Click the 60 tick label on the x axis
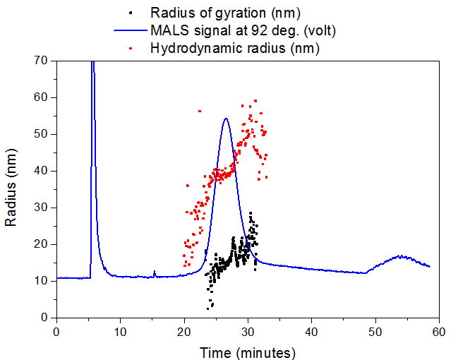coord(440,331)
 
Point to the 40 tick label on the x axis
coord(312,331)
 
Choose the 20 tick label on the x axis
coord(184,331)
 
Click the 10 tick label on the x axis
coord(121,331)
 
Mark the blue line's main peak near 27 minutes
coord(226,119)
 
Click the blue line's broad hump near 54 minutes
coord(401,256)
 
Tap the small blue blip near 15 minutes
coord(155,272)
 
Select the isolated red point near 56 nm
coord(200,111)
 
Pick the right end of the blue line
coord(429,266)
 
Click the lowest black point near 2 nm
coord(208,308)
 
